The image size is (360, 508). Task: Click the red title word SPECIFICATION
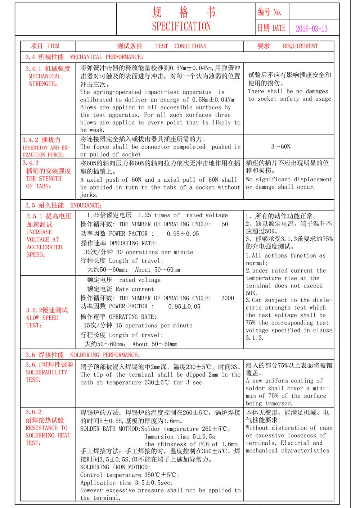click(x=181, y=26)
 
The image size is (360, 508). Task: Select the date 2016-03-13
click(x=312, y=29)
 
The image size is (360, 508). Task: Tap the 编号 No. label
click(x=270, y=12)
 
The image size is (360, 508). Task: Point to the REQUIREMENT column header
click(x=300, y=46)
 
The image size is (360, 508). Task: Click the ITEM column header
click(x=53, y=46)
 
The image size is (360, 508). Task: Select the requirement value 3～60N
click(x=281, y=146)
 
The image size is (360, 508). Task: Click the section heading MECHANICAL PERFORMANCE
click(x=107, y=57)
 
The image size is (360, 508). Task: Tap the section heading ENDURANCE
click(x=86, y=205)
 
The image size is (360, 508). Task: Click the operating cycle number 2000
click(x=228, y=298)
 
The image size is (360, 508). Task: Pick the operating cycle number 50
click(x=225, y=224)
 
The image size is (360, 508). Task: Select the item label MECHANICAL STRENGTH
click(x=45, y=80)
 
